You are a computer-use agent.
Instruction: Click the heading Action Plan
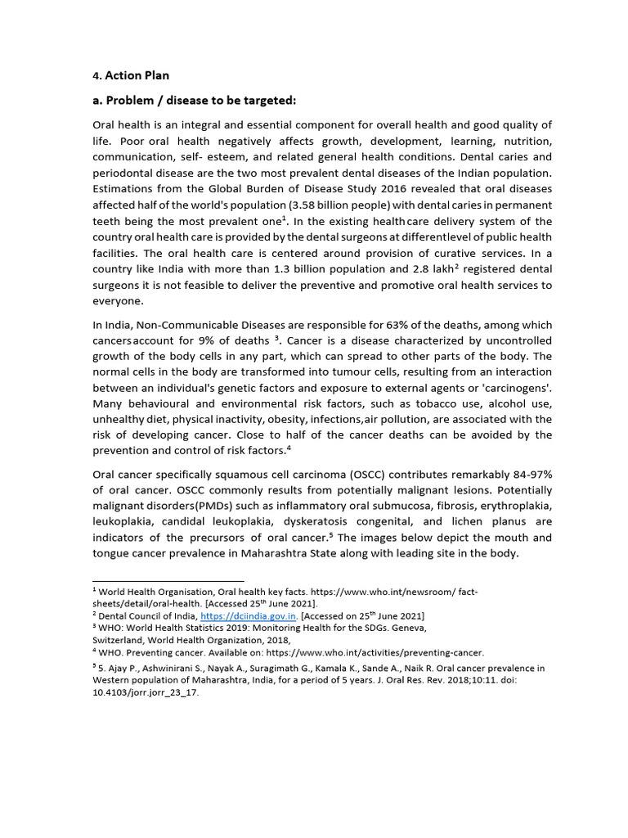coord(137,75)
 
